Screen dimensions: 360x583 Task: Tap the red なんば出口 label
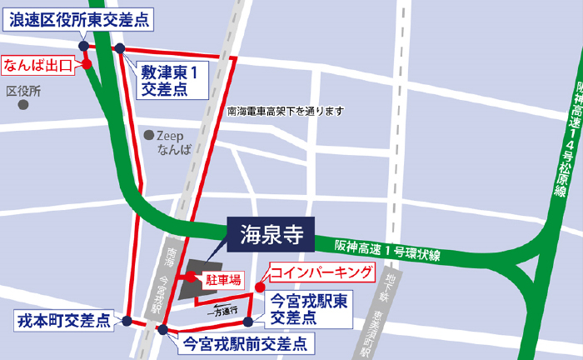[x=39, y=63]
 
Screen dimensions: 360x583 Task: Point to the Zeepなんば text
[x=174, y=142]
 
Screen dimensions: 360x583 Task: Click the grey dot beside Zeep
[x=148, y=134]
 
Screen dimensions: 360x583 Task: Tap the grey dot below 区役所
[x=23, y=106]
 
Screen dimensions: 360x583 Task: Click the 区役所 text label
[x=23, y=90]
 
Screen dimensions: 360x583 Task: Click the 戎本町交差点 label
[x=64, y=320]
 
